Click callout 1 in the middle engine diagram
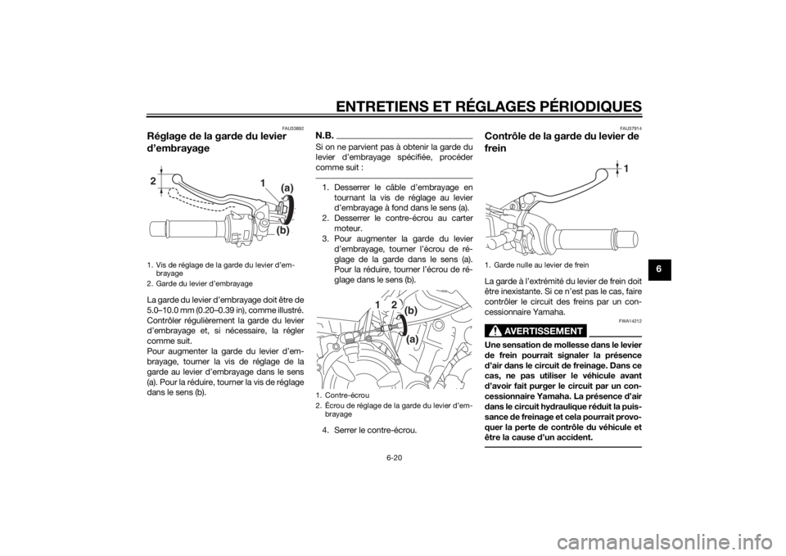point(377,305)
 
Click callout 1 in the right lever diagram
point(626,169)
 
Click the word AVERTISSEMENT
point(544,332)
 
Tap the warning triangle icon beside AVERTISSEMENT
point(494,332)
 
